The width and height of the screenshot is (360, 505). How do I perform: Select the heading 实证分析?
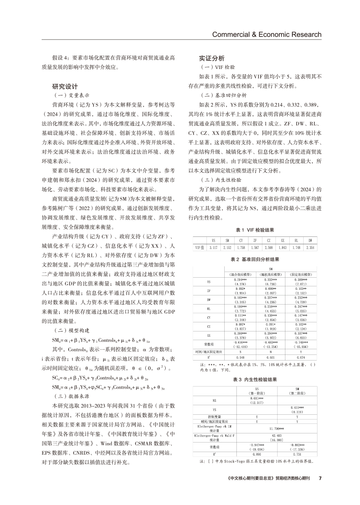(212, 58)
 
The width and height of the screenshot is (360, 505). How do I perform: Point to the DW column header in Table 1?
(310, 240)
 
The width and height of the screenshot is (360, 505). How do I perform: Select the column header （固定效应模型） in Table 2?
(301, 274)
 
